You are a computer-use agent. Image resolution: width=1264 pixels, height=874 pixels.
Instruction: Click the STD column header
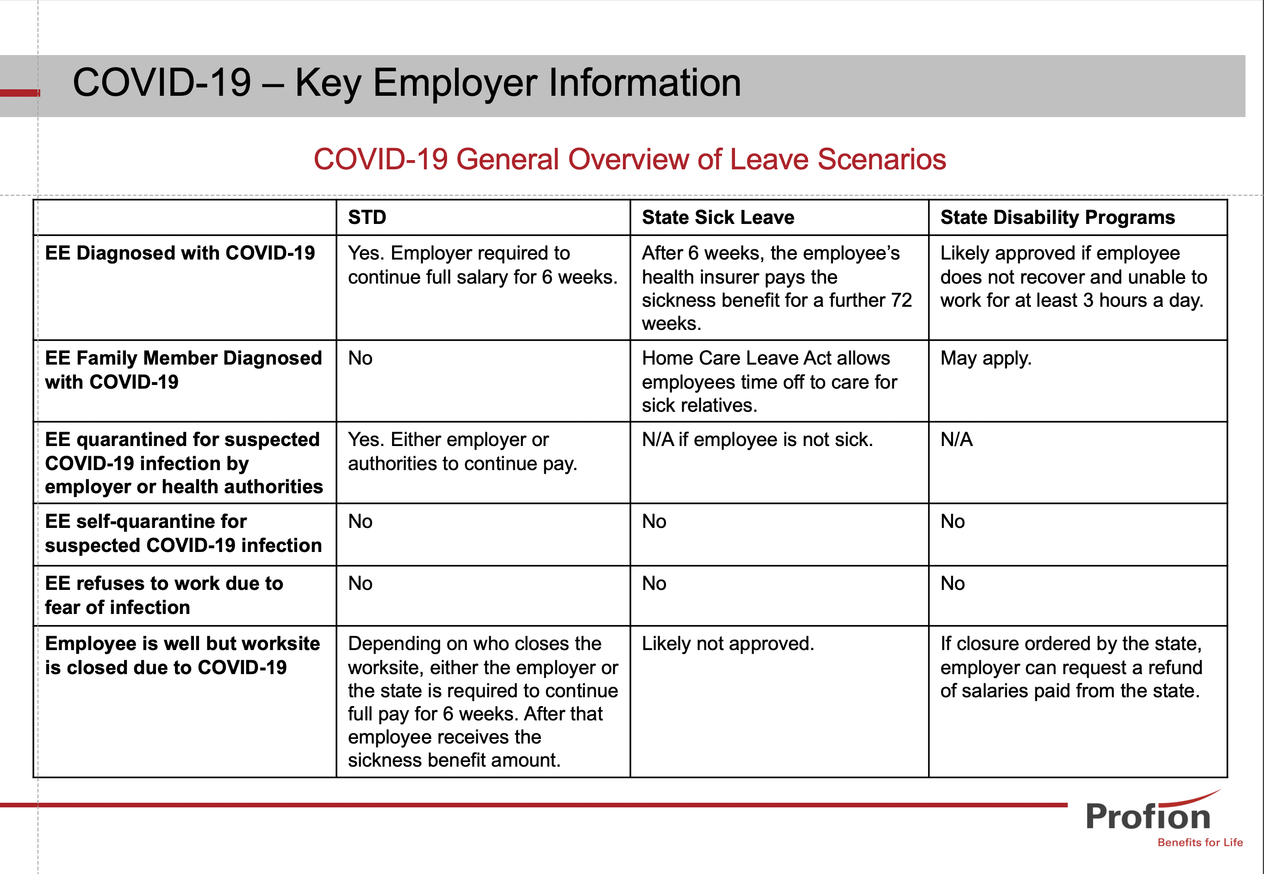[367, 217]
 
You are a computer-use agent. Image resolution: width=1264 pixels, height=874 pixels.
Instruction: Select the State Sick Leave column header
[717, 217]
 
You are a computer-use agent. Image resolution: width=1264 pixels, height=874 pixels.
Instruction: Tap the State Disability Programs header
[1057, 217]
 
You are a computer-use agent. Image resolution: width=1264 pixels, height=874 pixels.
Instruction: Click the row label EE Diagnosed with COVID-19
[180, 253]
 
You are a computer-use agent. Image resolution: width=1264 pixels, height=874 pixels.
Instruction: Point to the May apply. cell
[985, 358]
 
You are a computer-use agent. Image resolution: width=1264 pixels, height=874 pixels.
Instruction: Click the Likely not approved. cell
[727, 644]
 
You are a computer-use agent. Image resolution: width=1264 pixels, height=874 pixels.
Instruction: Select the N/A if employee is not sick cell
[757, 440]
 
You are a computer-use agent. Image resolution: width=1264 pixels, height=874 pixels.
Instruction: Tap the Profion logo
[1148, 816]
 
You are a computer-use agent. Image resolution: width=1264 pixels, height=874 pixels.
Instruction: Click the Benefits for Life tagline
[1199, 842]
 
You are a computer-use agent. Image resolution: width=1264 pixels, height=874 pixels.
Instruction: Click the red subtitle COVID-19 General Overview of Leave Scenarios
[629, 159]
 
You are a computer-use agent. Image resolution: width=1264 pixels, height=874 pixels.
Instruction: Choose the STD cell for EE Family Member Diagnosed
[361, 358]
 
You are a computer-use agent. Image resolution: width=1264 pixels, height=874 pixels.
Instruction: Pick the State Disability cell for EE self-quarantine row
[953, 521]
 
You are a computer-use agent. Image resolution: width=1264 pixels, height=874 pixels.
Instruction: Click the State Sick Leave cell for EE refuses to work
[654, 584]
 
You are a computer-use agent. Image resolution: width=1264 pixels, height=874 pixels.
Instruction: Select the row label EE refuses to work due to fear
[164, 595]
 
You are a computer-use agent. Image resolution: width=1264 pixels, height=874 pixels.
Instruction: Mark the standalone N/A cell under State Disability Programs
[956, 440]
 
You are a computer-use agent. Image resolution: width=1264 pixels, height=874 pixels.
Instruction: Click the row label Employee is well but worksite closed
[182, 656]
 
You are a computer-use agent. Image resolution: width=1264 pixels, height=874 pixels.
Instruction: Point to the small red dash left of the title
[20, 93]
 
